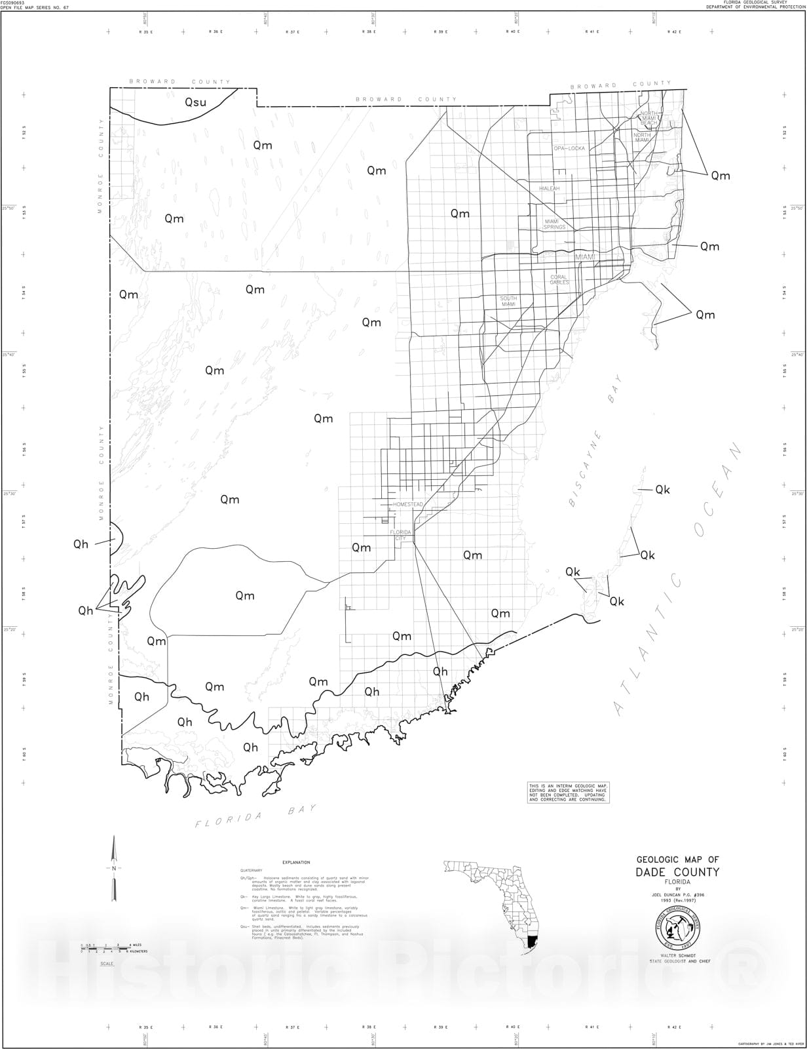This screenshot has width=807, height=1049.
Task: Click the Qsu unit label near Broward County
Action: tap(195, 102)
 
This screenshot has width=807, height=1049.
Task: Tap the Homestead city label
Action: tap(407, 504)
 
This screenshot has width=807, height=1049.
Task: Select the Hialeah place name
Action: tap(549, 188)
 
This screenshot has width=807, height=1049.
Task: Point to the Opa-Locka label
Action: tap(569, 149)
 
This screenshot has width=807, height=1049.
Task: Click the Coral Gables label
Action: tap(559, 279)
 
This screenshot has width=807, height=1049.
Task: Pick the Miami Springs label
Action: tap(554, 224)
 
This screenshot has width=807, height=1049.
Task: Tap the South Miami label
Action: tap(508, 301)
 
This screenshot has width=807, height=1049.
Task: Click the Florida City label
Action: tap(400, 535)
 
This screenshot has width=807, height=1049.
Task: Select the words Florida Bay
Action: tap(255, 817)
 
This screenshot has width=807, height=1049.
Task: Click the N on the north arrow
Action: tap(114, 868)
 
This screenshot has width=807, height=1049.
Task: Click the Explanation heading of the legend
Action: tap(296, 862)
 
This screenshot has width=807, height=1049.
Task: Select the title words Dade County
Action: tap(677, 872)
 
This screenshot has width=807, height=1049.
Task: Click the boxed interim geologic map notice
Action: tap(569, 793)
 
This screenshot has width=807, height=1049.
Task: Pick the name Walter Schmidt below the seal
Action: tap(677, 957)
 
